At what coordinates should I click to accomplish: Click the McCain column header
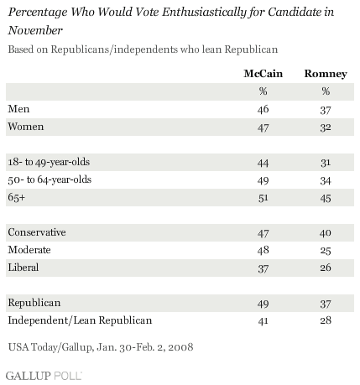coord(263,74)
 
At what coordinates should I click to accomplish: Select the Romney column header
coord(326,74)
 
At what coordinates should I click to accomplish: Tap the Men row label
coord(18,109)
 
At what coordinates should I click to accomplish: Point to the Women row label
coord(26,127)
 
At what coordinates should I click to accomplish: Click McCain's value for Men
coord(263,109)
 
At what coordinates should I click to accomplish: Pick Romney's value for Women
coord(326,127)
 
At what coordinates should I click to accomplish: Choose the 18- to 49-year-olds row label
coord(49,162)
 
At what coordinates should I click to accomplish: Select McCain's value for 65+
coord(263,198)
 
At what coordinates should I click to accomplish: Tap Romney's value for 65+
coord(326,198)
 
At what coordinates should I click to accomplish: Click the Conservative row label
coord(37,232)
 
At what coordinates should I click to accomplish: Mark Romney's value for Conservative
coord(326,233)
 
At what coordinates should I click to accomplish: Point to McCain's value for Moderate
coord(263,250)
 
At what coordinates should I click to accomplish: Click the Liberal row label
coord(23,268)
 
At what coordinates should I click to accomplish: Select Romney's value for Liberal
coord(326,268)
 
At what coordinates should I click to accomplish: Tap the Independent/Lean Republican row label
coord(80,320)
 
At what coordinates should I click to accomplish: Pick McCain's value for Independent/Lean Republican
coord(263,321)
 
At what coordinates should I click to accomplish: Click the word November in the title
coord(35,30)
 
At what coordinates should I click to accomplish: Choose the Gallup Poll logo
coord(44,376)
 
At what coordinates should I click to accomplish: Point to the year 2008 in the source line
coord(180,347)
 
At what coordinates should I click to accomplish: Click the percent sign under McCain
coord(263,91)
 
